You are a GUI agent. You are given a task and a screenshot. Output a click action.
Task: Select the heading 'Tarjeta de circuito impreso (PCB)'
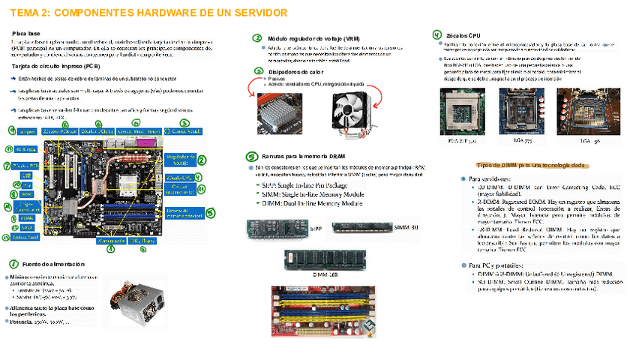pos(56,66)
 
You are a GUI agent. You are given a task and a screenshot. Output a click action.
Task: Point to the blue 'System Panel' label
pos(27,238)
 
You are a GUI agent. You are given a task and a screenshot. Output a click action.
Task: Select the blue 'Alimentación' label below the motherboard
pos(109,241)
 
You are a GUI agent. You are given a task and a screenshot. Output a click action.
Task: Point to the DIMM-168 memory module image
pos(313,259)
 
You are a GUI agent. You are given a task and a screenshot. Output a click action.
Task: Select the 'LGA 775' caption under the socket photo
pos(523,140)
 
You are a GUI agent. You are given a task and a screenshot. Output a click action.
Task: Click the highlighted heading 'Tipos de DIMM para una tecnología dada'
pos(530,163)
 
